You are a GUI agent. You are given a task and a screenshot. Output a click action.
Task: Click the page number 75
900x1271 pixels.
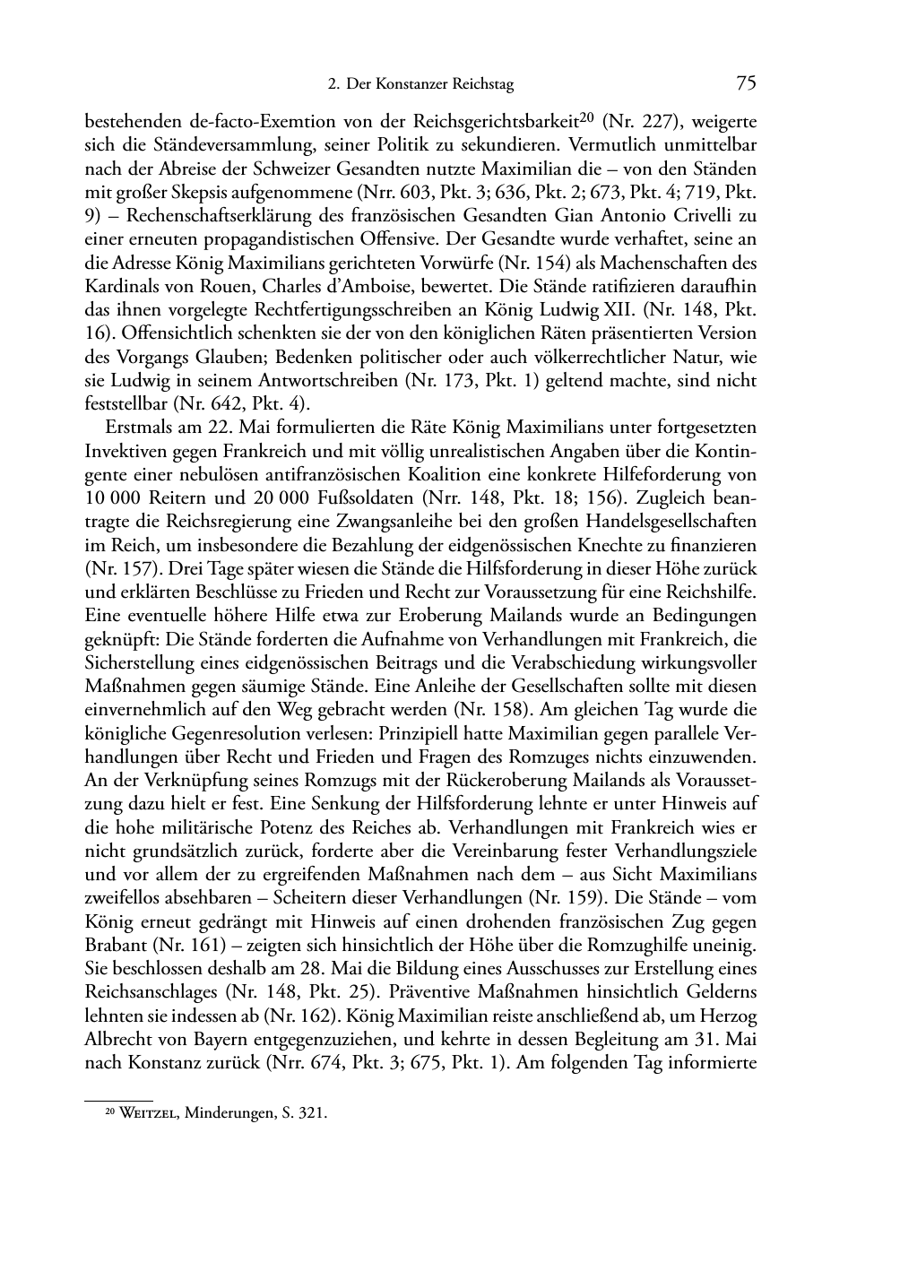click(746, 83)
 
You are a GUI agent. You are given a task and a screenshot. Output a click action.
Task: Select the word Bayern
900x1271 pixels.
click(242, 1041)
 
